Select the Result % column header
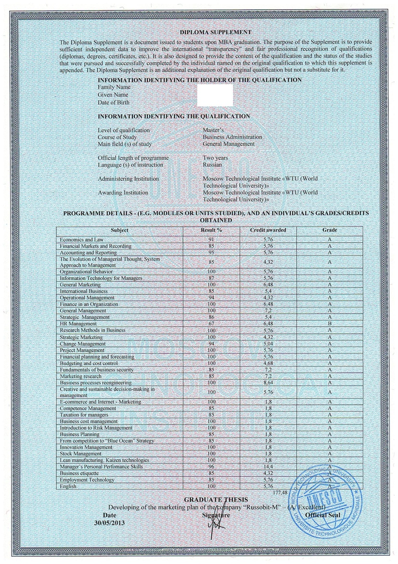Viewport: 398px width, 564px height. pyautogui.click(x=211, y=230)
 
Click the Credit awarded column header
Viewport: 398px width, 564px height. pyautogui.click(x=268, y=230)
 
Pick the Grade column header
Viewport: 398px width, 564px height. pyautogui.click(x=330, y=230)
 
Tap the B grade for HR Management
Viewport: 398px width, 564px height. pyautogui.click(x=330, y=324)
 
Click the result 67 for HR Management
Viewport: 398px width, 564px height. pyautogui.click(x=211, y=324)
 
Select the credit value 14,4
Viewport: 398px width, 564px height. pyautogui.click(x=268, y=467)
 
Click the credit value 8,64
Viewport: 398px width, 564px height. pyautogui.click(x=268, y=382)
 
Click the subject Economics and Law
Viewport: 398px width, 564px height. pyautogui.click(x=81, y=239)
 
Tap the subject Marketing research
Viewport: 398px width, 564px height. pyautogui.click(x=80, y=376)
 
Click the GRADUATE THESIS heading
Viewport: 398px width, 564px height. pyautogui.click(x=216, y=499)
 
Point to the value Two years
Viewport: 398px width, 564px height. pyautogui.click(x=215, y=158)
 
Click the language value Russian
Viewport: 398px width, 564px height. pyautogui.click(x=212, y=165)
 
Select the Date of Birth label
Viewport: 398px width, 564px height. pyautogui.click(x=114, y=102)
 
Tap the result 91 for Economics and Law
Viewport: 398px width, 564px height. pyautogui.click(x=211, y=239)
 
